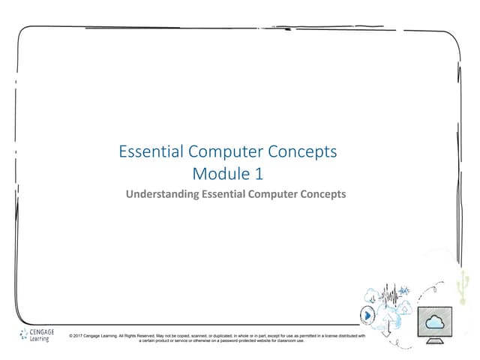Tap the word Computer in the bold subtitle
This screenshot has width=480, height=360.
268,194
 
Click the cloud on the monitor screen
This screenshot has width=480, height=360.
436,322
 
